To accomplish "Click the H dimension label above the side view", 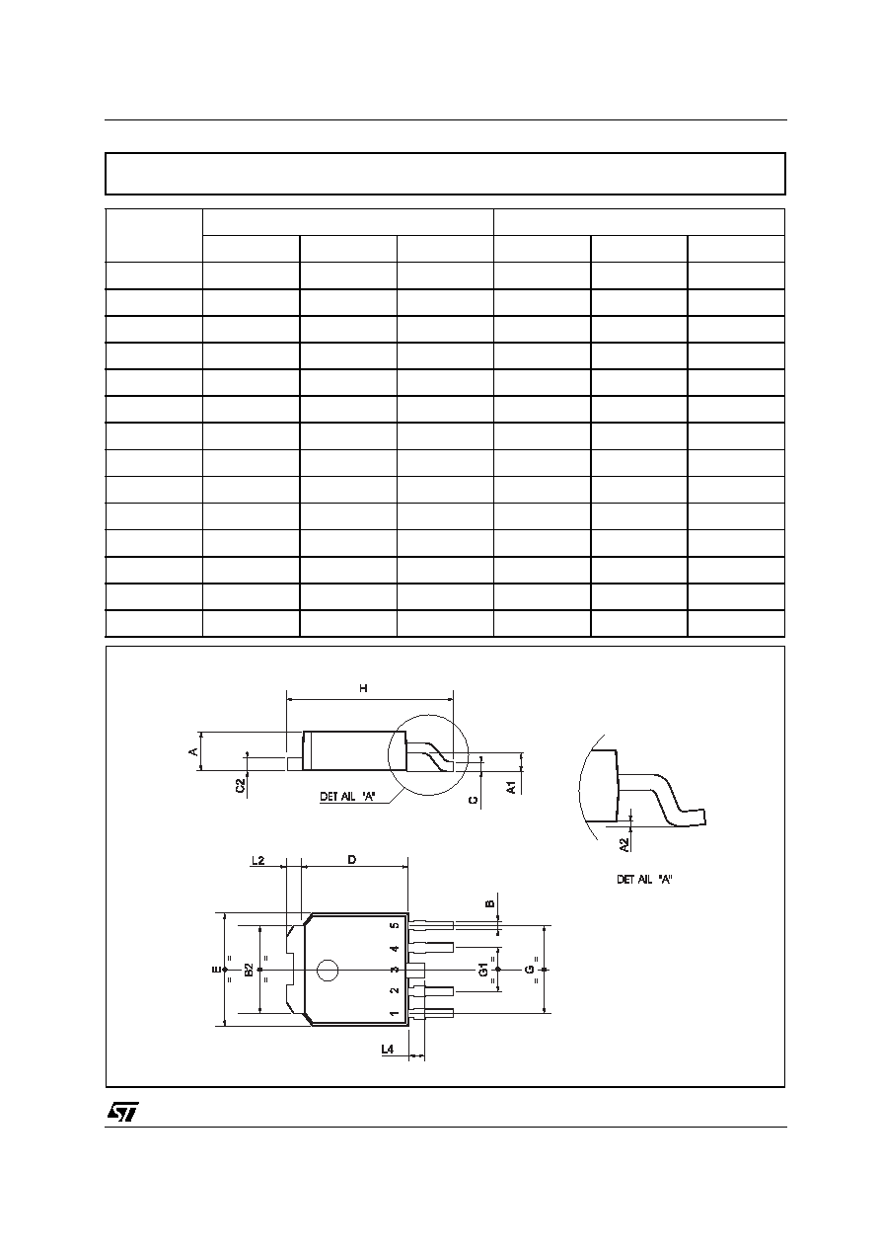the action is (363, 688).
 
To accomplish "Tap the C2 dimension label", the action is (241, 786).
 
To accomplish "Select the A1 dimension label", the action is (512, 787).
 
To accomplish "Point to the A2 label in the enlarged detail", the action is (624, 844).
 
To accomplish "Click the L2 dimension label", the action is (258, 860).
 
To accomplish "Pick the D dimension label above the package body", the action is (351, 860).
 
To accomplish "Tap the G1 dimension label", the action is (484, 969).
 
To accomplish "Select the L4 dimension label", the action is (388, 1049).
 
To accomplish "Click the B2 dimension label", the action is (250, 970).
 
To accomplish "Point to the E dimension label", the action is (216, 970).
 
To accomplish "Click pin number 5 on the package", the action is (395, 926).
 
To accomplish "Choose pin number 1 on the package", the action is (395, 1013).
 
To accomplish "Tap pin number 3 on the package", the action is (395, 970).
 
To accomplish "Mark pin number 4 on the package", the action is (395, 948).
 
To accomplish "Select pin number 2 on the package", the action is (395, 991).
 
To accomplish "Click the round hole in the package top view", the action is (328, 971).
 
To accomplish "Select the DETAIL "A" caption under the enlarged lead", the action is (644, 880).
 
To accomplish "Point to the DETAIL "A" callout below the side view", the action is (347, 797).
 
